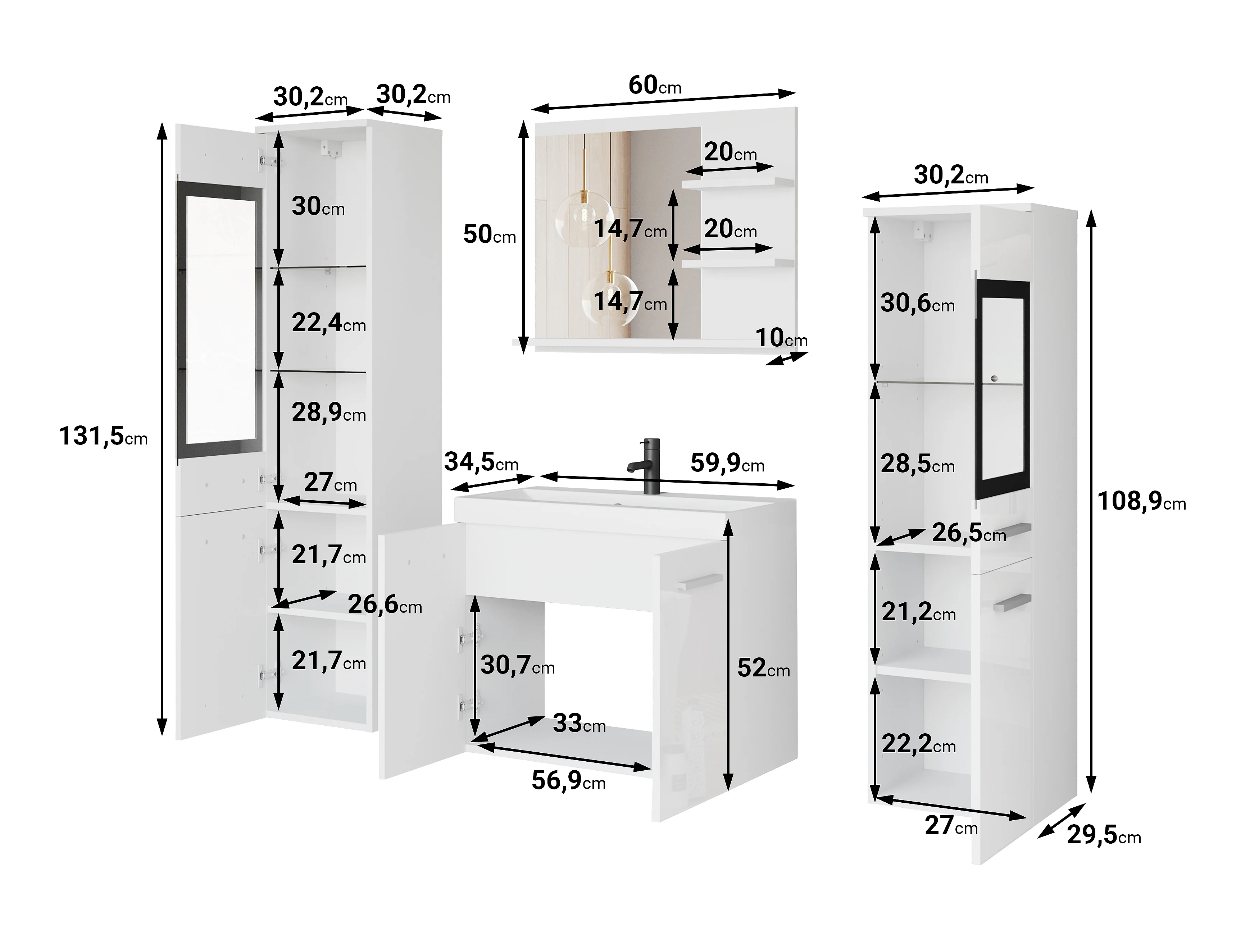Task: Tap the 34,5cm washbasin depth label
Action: point(482,462)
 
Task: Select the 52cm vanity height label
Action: point(764,668)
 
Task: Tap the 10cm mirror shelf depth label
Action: point(781,338)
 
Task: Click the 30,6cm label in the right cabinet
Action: point(918,303)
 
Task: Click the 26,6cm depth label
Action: point(385,604)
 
